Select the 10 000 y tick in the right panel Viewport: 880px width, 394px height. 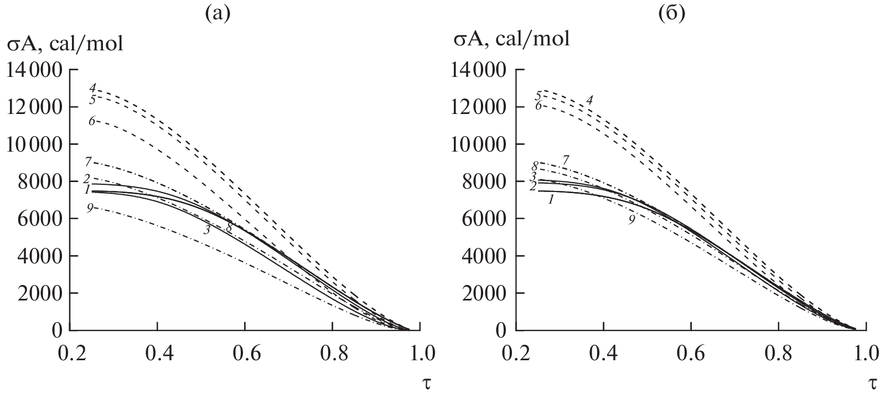tap(479, 144)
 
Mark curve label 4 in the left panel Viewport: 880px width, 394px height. tap(93, 87)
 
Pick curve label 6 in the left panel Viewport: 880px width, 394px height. tap(92, 121)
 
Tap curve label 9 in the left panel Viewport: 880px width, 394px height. tap(90, 208)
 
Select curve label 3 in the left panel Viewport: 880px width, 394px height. tap(206, 230)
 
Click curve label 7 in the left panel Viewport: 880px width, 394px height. tap(89, 162)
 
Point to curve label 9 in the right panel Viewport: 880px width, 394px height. tap(631, 219)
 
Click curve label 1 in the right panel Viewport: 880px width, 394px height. tap(551, 200)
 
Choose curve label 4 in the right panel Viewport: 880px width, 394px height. tap(589, 100)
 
